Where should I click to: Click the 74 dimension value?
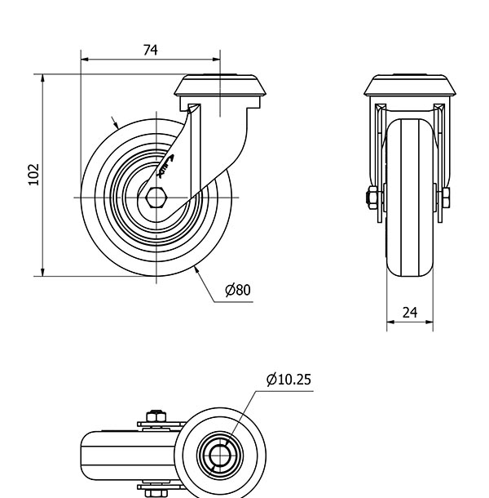coord(150,50)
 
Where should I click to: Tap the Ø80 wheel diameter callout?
coord(237,290)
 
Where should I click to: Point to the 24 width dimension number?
coord(409,312)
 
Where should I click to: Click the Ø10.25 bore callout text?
coord(289,379)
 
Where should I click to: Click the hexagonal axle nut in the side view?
coord(156,198)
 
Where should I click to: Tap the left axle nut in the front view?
coord(372,198)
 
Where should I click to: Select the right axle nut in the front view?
coord(446,198)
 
